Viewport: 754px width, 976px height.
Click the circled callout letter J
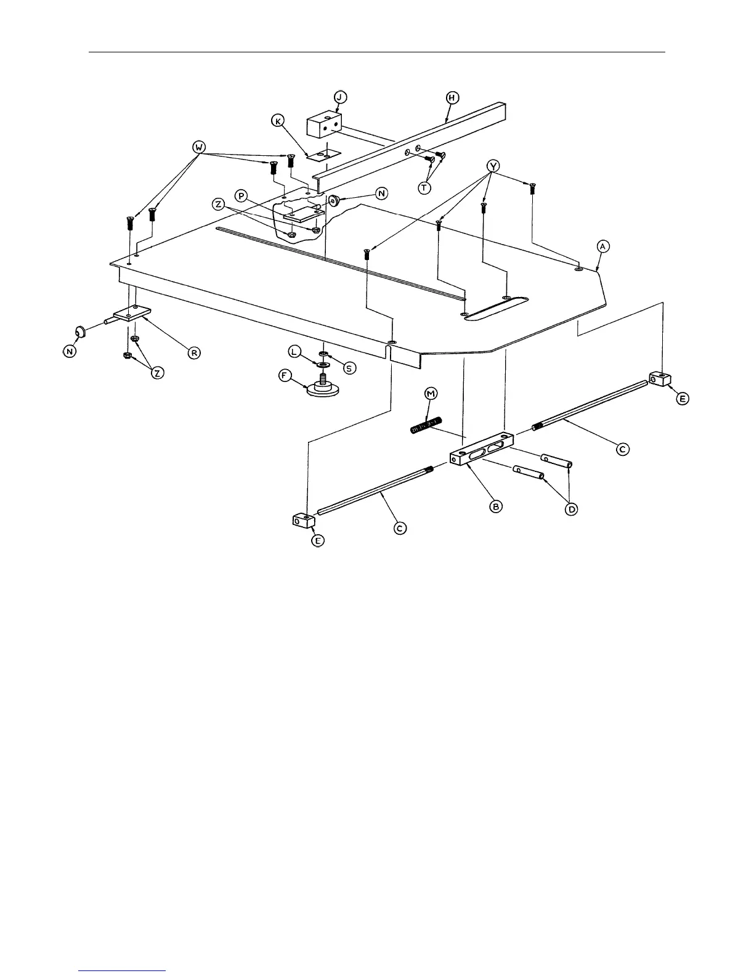pos(341,97)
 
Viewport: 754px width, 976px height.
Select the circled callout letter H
pos(452,97)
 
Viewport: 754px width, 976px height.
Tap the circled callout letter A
pos(603,246)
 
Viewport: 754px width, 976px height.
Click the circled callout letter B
pos(495,506)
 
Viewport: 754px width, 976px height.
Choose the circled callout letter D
pos(572,510)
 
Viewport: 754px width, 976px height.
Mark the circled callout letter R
pos(194,352)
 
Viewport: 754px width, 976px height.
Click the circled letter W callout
pos(199,147)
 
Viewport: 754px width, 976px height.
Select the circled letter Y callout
pos(493,165)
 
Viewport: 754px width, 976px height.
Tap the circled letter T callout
pos(425,189)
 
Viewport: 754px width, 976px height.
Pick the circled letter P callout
pos(242,197)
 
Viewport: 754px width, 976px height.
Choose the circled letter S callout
pos(349,368)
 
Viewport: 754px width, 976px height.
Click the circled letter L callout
pos(294,351)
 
